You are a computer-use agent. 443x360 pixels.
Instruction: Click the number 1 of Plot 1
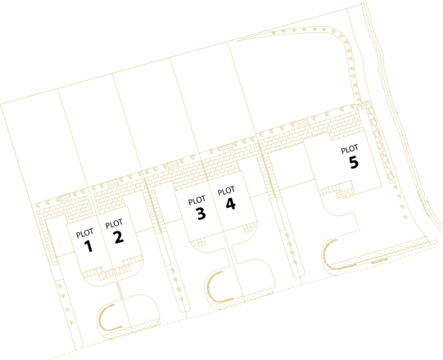(x=88, y=246)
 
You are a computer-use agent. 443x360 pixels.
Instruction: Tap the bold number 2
(x=119, y=237)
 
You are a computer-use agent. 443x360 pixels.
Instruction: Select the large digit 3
(x=201, y=214)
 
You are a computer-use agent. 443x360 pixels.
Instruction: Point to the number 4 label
(x=231, y=204)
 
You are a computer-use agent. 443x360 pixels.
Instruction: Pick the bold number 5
(x=354, y=162)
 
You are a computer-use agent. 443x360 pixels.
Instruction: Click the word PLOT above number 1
(x=84, y=233)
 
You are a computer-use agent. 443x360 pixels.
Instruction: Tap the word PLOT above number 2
(x=114, y=224)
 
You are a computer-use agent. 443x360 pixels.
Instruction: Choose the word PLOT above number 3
(x=197, y=200)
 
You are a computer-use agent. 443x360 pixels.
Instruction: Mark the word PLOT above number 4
(x=226, y=191)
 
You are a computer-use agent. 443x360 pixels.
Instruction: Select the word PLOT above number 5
(x=350, y=150)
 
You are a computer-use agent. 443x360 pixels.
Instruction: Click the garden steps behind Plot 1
(x=66, y=198)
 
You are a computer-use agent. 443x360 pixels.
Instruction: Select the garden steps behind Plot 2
(x=112, y=183)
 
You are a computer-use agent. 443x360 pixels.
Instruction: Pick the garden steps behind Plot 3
(x=172, y=165)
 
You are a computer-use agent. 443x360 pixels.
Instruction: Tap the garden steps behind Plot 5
(x=303, y=124)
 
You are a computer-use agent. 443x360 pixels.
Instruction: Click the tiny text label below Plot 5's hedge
(x=379, y=261)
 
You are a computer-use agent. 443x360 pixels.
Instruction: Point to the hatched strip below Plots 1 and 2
(x=119, y=290)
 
